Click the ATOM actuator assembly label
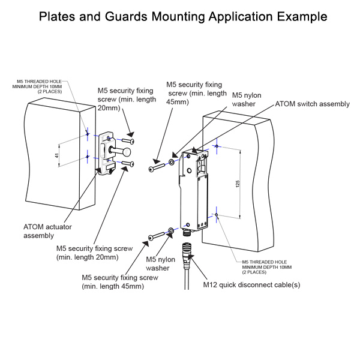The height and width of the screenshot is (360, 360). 47,231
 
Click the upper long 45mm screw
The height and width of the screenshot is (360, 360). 157,166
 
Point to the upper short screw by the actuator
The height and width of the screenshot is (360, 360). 127,142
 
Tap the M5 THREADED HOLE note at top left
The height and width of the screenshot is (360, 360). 40,86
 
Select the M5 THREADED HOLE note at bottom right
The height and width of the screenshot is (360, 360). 267,267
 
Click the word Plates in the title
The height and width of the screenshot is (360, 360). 58,16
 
